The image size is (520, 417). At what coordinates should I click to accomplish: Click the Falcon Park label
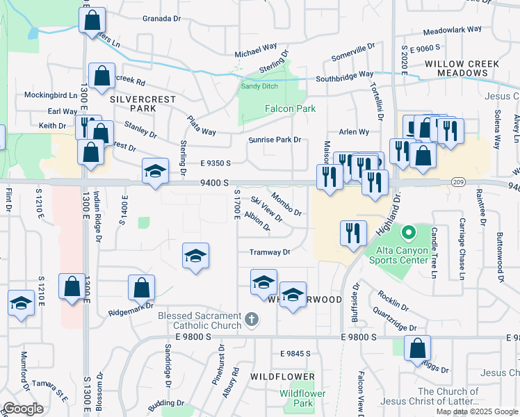[290, 108]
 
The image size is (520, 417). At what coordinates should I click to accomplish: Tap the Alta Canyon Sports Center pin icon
[409, 231]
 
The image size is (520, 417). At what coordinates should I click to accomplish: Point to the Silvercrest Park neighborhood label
[133, 104]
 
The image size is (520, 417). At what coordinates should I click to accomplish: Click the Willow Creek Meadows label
[462, 69]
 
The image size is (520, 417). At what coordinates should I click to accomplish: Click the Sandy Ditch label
[259, 86]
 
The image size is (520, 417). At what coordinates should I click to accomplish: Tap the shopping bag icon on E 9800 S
[417, 349]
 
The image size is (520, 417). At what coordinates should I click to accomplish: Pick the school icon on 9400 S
[155, 172]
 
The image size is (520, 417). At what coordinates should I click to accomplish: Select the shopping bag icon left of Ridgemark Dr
[141, 288]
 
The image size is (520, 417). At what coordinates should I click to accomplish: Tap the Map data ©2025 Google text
[477, 411]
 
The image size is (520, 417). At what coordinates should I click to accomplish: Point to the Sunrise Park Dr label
[275, 140]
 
